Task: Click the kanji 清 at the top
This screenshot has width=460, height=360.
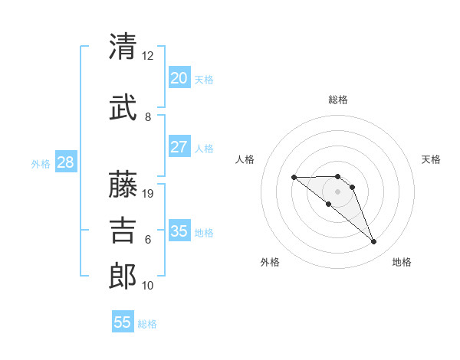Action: (123, 47)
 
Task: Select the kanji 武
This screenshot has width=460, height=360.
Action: (123, 108)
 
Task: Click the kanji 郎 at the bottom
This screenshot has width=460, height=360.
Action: (123, 276)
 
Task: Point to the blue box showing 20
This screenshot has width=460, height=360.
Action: (179, 78)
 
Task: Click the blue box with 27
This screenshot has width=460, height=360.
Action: (179, 147)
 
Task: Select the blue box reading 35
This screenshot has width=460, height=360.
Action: (179, 231)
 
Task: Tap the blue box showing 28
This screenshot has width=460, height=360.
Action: (65, 162)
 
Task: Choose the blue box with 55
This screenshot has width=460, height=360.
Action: (123, 322)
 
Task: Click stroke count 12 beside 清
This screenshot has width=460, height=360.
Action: (147, 56)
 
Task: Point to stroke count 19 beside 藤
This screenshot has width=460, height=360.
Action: (149, 194)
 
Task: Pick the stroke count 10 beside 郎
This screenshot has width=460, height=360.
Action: (148, 286)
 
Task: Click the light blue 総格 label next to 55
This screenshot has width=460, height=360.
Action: (147, 324)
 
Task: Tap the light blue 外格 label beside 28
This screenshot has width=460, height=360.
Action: (41, 163)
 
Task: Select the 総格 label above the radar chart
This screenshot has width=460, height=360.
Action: (338, 100)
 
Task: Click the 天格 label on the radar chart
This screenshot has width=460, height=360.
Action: (431, 159)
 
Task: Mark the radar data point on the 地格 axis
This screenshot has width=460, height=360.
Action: (374, 242)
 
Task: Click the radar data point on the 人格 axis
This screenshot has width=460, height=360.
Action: (294, 177)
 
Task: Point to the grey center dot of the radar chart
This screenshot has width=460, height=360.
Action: (338, 191)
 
